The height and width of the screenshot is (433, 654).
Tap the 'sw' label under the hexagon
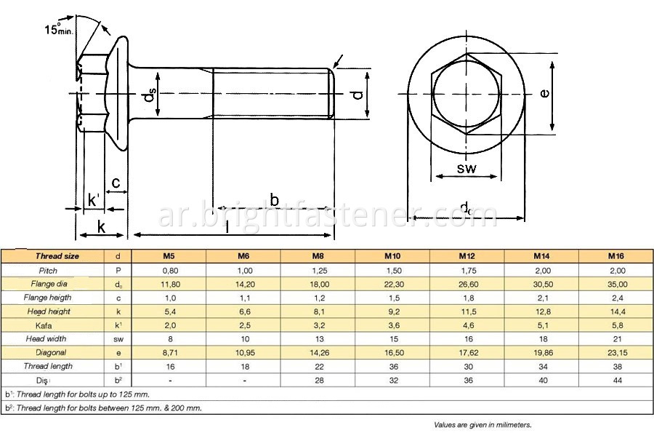tap(467, 168)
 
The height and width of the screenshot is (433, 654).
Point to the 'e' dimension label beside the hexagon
tap(544, 93)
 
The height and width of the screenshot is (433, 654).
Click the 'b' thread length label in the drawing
tap(274, 200)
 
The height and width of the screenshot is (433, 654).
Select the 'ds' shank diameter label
tap(149, 95)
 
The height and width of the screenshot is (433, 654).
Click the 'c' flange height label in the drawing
tap(116, 182)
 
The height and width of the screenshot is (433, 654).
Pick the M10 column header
tap(392, 256)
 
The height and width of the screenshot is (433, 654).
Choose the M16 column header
tap(615, 256)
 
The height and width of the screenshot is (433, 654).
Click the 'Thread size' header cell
tap(57, 256)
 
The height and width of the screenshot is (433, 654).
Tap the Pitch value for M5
tap(170, 271)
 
